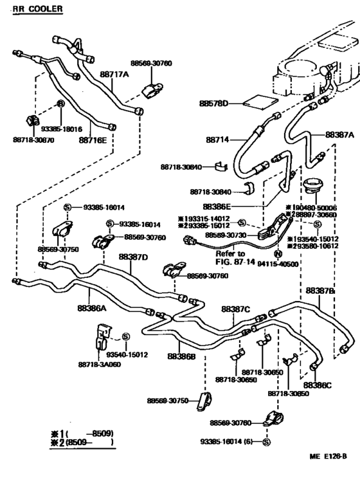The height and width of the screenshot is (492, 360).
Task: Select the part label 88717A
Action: (114, 75)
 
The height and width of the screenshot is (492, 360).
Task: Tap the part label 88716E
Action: (93, 139)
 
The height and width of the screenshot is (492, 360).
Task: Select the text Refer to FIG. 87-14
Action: (235, 258)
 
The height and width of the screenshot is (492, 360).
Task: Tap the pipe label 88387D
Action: (133, 257)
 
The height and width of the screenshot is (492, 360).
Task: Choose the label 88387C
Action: (235, 309)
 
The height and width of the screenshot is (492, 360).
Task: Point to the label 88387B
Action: (320, 291)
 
